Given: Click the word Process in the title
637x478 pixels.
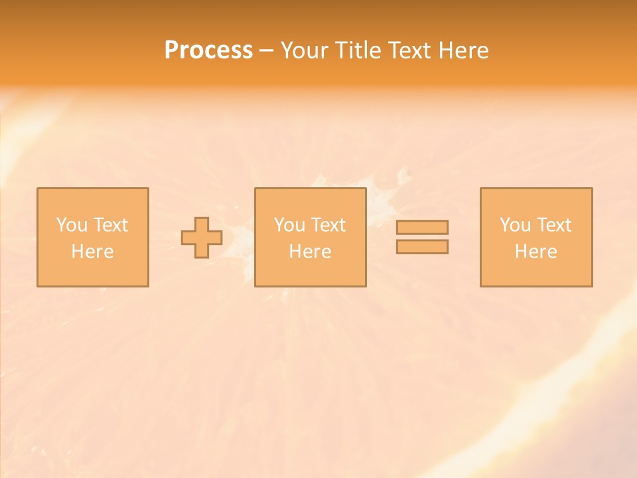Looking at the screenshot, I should point(208,50).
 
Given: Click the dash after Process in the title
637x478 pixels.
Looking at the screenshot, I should point(266,51).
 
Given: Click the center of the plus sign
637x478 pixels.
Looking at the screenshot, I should point(202,238).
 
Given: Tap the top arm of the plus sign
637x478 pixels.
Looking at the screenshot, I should point(202,224).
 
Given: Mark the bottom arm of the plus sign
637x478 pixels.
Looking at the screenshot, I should point(202,251).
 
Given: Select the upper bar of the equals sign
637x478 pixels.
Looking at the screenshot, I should point(422,228).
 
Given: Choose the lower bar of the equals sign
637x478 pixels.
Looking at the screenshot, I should point(422,247).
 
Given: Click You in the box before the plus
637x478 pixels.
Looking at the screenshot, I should point(72,225).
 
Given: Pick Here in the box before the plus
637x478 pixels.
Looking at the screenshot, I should point(93,252).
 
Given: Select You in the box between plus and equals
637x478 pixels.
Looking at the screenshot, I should point(289,225).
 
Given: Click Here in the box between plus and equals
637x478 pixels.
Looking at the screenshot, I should point(311,252).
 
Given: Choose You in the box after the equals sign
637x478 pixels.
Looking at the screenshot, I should point(515,225).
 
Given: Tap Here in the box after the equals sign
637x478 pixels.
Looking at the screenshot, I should point(536,252).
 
